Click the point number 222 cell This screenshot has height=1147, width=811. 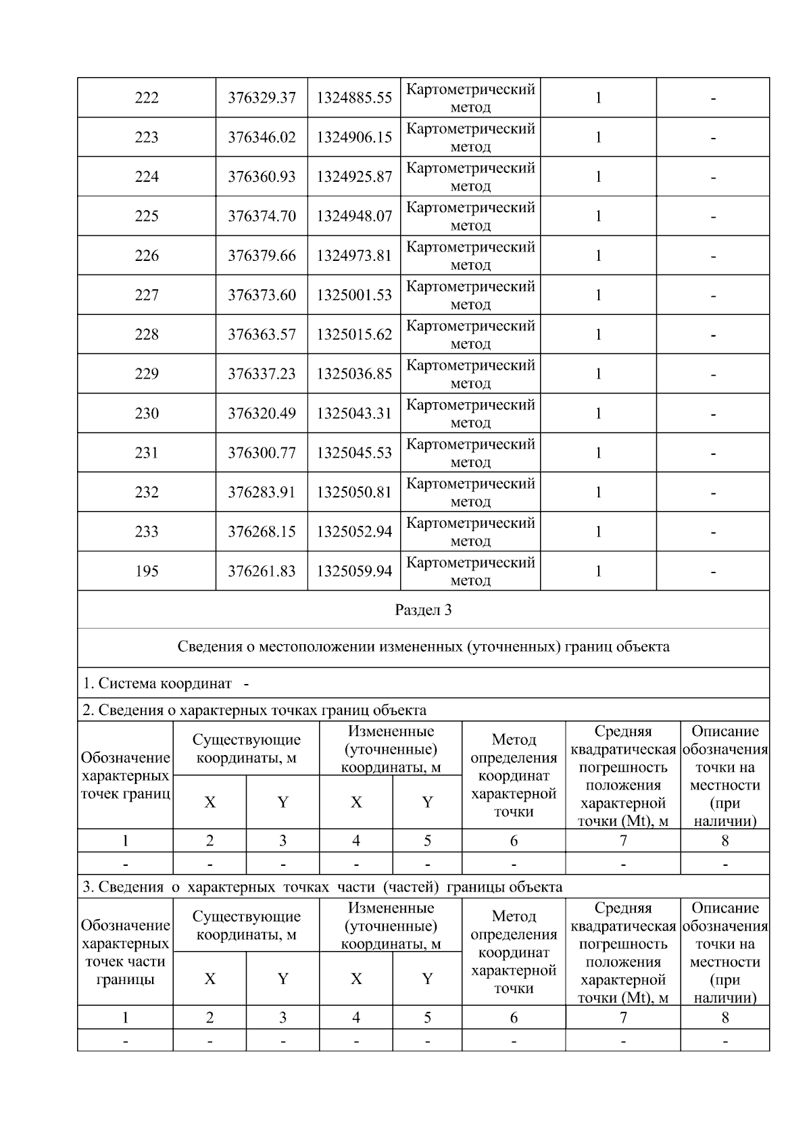[x=147, y=98]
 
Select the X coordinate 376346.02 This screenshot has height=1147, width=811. [x=262, y=137]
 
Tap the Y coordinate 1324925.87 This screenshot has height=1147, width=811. [x=354, y=177]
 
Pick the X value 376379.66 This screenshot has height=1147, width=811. [x=262, y=255]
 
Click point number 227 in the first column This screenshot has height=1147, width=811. [x=147, y=295]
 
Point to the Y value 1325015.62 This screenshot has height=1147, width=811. [x=354, y=335]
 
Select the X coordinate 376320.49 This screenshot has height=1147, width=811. [x=262, y=414]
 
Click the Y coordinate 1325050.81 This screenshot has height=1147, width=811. [x=354, y=492]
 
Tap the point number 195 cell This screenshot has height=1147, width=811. [x=147, y=571]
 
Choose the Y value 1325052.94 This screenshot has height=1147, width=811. [x=354, y=532]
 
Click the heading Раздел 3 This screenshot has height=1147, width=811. [x=423, y=610]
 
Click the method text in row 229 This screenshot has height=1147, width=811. [x=470, y=374]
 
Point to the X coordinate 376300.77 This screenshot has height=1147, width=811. [x=262, y=453]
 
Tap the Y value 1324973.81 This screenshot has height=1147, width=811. [x=354, y=255]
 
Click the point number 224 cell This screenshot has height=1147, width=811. [x=147, y=177]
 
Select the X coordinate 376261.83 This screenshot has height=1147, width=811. [x=262, y=571]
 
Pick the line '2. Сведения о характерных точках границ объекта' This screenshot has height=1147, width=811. [x=254, y=710]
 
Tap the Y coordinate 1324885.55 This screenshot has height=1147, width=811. [x=354, y=98]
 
